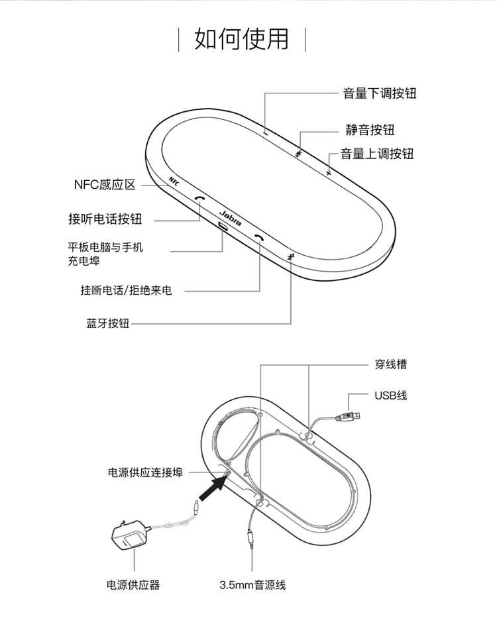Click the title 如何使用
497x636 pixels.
pos(242,39)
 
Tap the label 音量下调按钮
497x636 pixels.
pos(380,93)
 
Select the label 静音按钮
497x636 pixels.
pos(370,130)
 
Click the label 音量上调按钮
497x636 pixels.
pos(377,154)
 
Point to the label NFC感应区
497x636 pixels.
pos(105,185)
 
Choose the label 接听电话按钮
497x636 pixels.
pos(105,219)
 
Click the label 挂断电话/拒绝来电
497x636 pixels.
pos(126,290)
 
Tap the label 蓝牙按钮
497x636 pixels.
pos(107,323)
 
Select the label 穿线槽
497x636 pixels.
pos(391,364)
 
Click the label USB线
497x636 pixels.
pos(391,396)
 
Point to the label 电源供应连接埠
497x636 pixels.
pos(145,472)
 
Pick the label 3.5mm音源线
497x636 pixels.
pos(252,585)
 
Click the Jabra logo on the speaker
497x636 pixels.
pos(230,218)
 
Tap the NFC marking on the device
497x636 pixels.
pos(174,181)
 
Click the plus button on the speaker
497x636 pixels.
pos(329,173)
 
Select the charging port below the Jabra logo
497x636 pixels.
pos(223,227)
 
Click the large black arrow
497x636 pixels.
pos(213,488)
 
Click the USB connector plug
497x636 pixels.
pos(348,417)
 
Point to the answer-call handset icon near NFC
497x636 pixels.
pos(199,198)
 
